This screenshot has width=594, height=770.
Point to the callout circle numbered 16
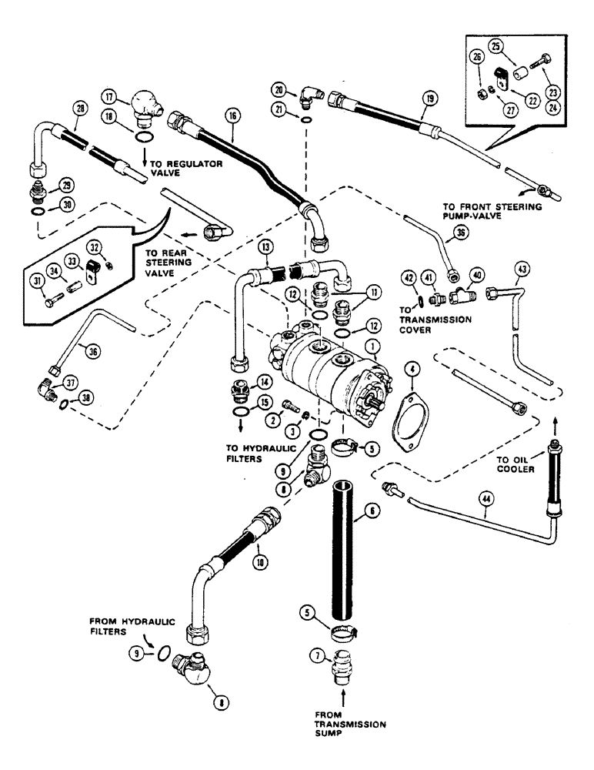click(234, 117)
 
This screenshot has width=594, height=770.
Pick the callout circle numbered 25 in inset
click(495, 47)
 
